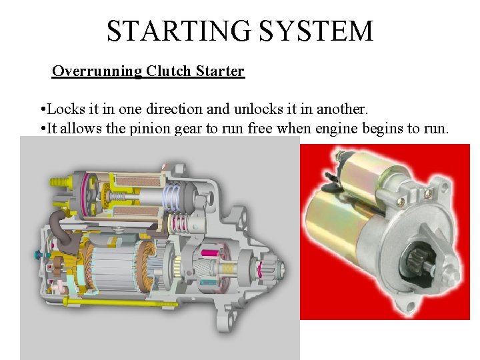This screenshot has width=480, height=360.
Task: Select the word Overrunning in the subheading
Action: click(x=96, y=71)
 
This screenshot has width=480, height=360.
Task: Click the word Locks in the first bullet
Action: click(x=65, y=108)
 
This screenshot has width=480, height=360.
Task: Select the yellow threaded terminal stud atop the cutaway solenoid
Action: click(x=59, y=181)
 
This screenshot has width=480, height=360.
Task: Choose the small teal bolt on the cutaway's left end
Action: click(x=37, y=255)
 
